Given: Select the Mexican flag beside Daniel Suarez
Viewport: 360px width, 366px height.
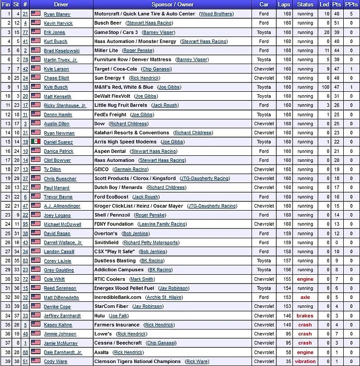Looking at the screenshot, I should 36,142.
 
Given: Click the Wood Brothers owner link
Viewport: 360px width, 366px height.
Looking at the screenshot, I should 216,14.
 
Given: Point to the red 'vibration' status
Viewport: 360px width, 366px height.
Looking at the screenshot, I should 305,362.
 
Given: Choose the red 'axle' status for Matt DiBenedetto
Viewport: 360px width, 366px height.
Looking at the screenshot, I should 305,297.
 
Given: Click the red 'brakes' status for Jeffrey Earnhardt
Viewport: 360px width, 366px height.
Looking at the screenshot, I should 305,316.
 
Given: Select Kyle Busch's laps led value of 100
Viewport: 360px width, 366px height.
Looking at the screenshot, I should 325,87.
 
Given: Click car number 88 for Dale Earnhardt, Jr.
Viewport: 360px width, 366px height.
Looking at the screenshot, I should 25,352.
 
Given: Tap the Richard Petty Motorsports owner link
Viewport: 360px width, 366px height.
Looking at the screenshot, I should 151,243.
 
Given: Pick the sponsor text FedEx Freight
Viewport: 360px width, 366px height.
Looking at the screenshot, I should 111,114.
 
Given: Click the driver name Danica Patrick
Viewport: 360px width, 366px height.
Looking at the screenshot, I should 59,151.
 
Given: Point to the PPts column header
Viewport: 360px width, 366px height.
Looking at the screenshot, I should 352,4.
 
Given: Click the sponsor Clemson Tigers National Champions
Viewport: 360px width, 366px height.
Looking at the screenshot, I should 138,362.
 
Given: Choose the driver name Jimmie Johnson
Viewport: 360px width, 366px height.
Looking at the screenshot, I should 60,334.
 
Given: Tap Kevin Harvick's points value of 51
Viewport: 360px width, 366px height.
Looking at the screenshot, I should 337,23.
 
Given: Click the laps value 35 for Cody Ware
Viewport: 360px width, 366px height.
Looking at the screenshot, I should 288,362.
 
